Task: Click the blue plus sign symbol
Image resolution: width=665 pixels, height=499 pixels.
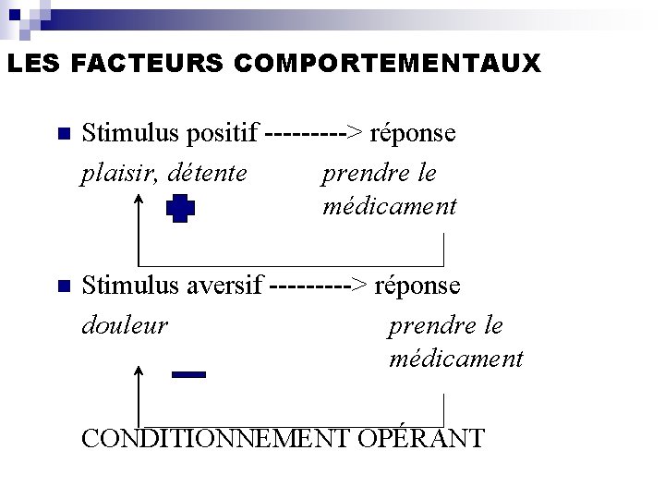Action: (x=181, y=210)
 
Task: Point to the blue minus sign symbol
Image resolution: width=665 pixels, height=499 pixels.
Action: (x=188, y=374)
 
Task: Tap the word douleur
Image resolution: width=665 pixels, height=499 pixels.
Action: (x=125, y=325)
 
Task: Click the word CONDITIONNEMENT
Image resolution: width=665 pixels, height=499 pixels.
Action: (x=216, y=437)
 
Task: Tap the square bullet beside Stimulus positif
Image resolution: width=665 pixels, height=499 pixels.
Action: (x=63, y=134)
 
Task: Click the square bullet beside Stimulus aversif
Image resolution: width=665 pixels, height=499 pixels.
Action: (x=63, y=286)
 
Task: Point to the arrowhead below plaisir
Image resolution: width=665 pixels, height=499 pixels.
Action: (x=139, y=200)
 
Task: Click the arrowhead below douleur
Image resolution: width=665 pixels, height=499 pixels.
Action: (x=139, y=371)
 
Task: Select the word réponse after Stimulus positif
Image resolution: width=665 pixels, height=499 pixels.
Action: (x=413, y=133)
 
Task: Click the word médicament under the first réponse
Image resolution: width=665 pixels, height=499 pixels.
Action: (x=390, y=207)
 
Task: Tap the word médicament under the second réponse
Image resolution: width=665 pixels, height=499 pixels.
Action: (x=456, y=359)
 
